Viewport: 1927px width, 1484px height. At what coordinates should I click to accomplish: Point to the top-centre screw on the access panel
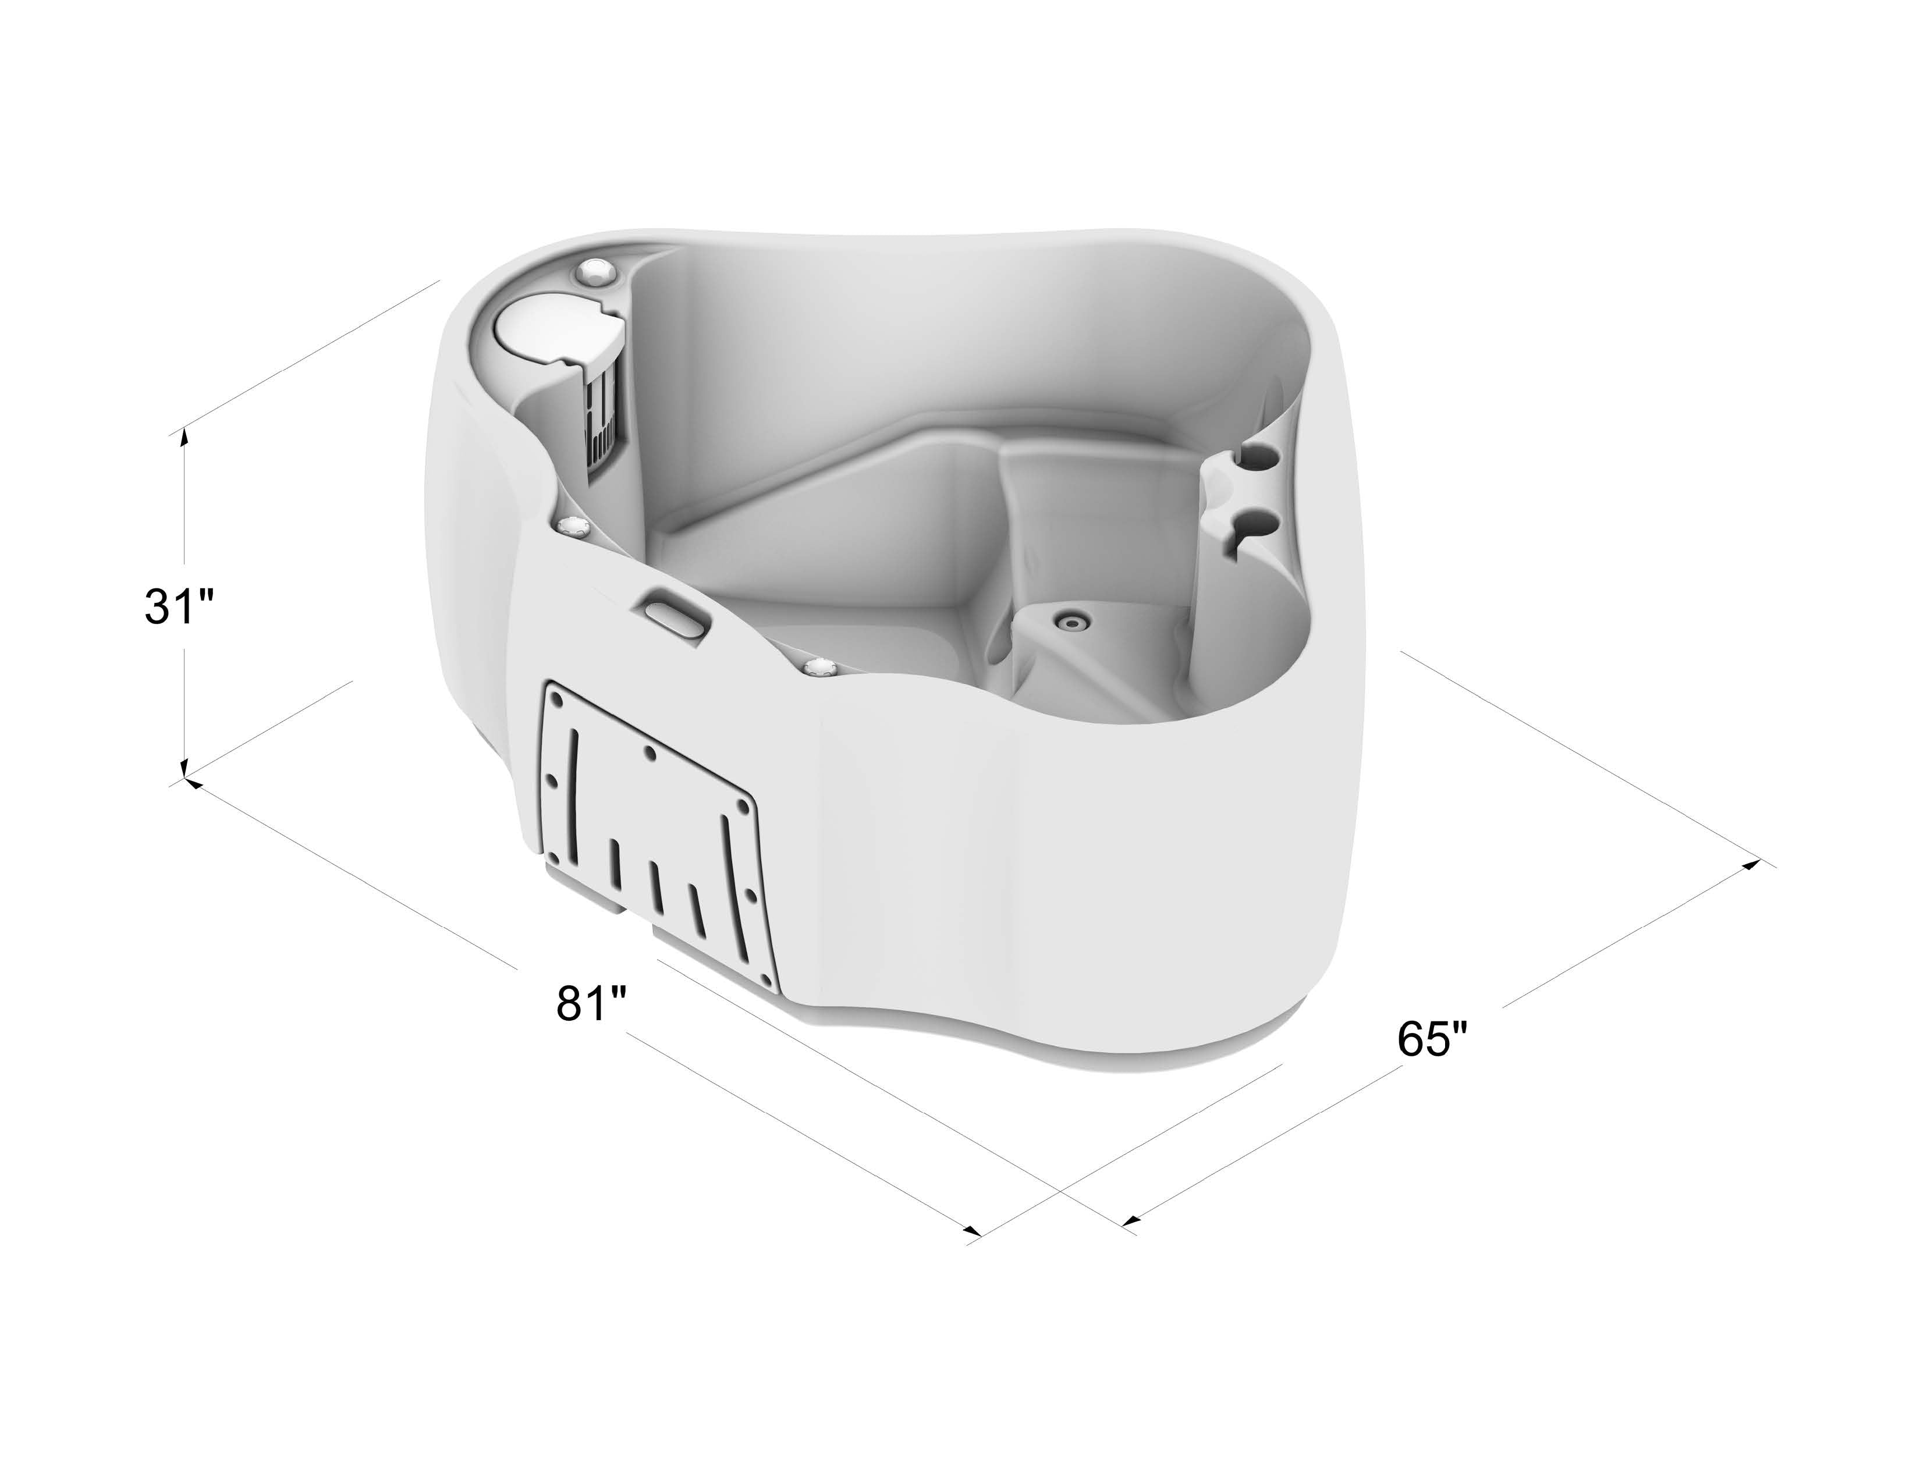pos(650,752)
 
